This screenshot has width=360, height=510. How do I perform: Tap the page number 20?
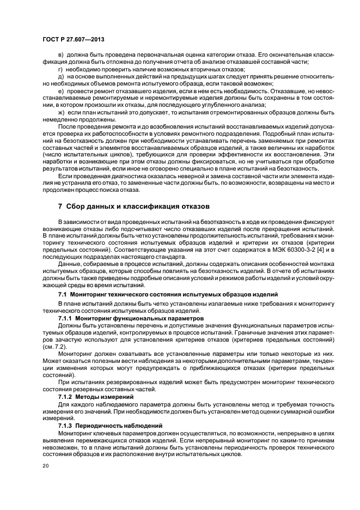tap(46, 466)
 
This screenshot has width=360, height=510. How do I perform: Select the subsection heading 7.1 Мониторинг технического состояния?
tap(169, 294)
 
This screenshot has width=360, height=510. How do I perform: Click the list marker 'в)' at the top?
tap(60, 56)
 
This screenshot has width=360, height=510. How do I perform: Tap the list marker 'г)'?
tap(60, 70)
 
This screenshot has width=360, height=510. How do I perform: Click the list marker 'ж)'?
tap(61, 112)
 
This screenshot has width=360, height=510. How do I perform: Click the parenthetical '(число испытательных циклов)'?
tap(80, 154)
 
